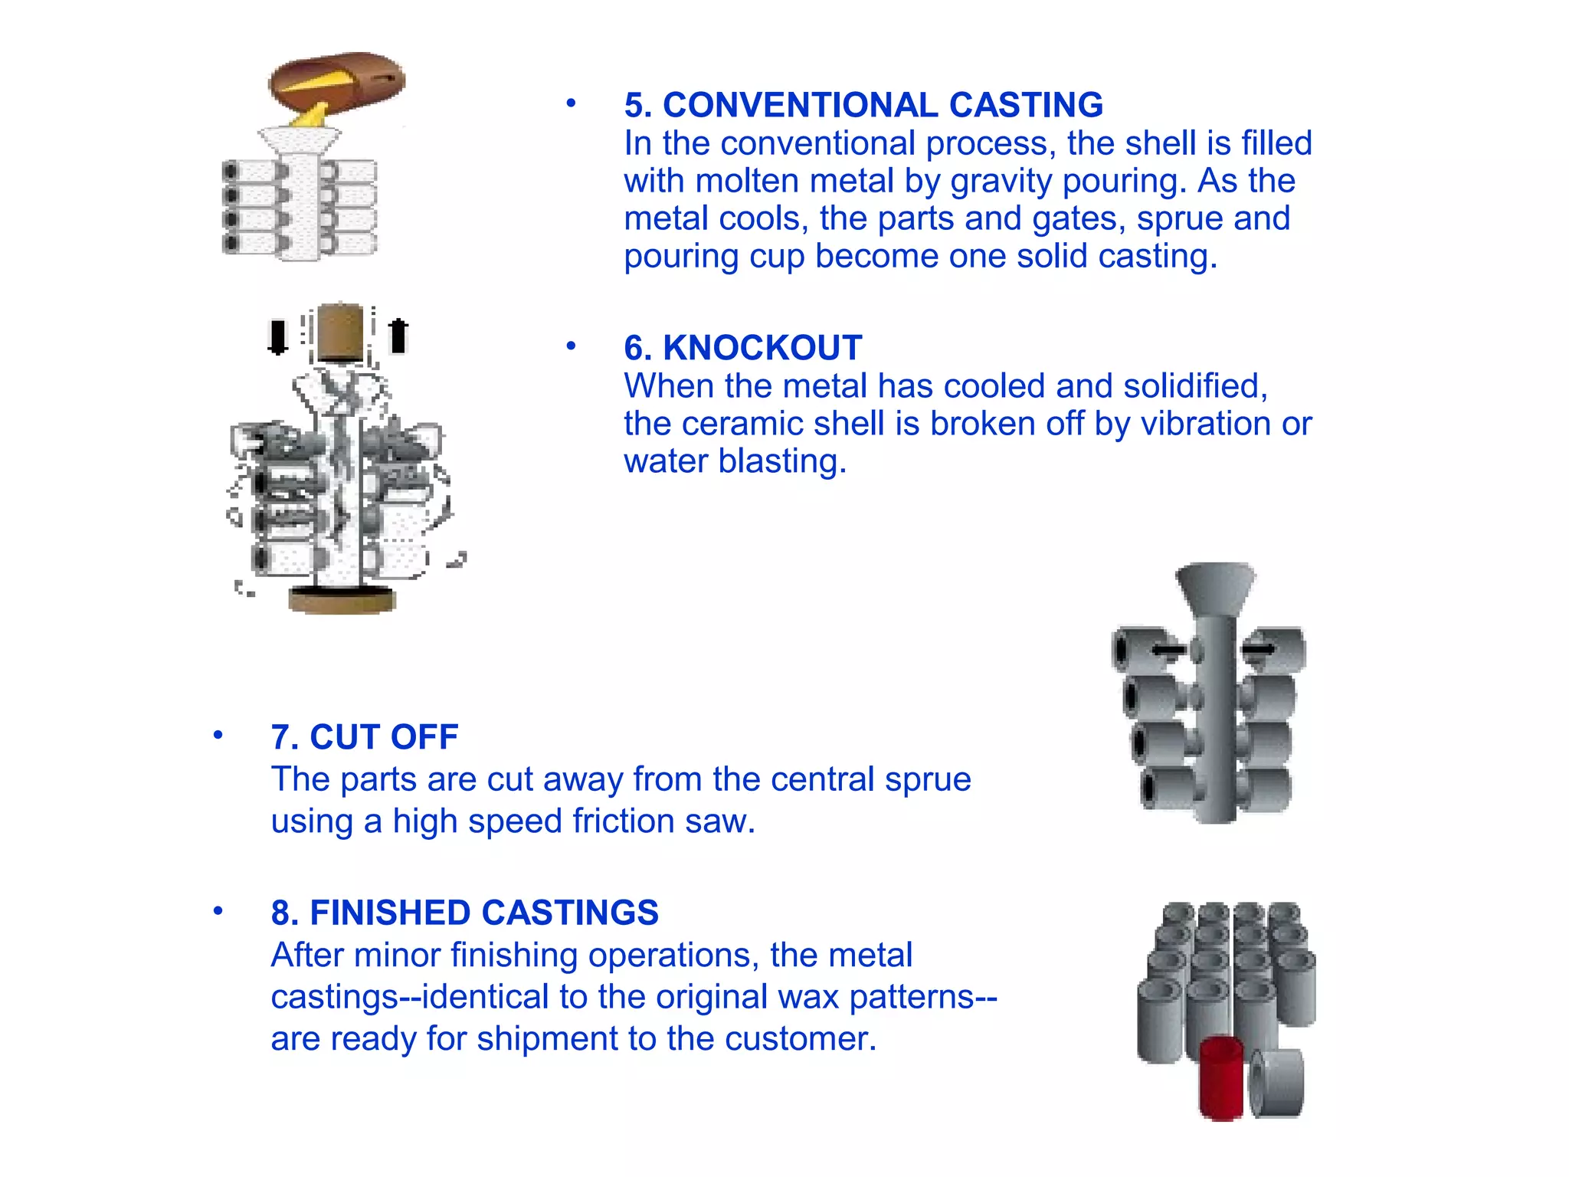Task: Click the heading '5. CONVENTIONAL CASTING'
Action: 863,105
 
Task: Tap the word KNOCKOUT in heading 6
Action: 762,348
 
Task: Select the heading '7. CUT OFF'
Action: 365,737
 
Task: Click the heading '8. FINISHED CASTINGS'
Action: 464,913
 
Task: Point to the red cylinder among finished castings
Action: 1221,1079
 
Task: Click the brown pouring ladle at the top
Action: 337,80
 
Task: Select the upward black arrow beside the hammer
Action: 398,336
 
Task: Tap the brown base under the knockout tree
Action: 342,599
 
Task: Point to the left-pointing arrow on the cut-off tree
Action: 1168,651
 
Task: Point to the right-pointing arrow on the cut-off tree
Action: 1258,650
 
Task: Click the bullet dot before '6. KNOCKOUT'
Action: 571,346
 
